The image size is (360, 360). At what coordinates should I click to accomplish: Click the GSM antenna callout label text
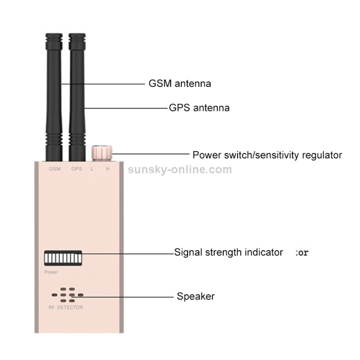tap(179, 84)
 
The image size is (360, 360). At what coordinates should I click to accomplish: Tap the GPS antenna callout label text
tap(199, 108)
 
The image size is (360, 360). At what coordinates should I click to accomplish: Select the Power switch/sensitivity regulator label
tap(267, 155)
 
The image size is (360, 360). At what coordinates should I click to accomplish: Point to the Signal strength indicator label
tap(228, 252)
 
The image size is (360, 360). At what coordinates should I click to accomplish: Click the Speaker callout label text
tap(195, 296)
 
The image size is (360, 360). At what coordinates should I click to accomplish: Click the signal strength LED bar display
tap(62, 258)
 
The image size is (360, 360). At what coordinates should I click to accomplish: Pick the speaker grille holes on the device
tap(68, 295)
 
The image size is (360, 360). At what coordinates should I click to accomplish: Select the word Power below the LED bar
tap(51, 272)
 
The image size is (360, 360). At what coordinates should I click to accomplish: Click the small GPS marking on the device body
tap(76, 169)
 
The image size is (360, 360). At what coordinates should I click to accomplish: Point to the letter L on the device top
tap(92, 169)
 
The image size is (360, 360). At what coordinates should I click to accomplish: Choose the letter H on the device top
tap(108, 169)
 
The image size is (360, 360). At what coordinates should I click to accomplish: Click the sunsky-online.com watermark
tap(180, 169)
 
